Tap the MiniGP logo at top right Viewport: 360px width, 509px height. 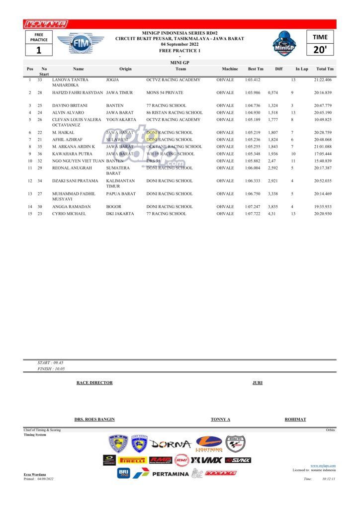(285, 44)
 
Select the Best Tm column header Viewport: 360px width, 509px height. (256, 69)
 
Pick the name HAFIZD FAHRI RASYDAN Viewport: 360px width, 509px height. (78, 93)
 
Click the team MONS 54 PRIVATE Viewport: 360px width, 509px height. (165, 93)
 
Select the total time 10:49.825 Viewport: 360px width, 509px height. (323, 120)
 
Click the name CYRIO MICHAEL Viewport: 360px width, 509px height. (69, 214)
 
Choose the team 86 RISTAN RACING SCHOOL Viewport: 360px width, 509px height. (175, 113)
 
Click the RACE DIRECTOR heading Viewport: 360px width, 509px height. (94, 383)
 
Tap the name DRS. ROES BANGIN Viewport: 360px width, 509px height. (94, 420)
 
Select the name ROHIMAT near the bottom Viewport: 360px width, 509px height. (295, 420)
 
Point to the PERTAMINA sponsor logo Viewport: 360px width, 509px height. (171, 474)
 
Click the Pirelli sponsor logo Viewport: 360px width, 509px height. (132, 460)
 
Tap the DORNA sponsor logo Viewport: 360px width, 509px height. (171, 444)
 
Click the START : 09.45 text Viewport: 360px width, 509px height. (51, 363)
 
